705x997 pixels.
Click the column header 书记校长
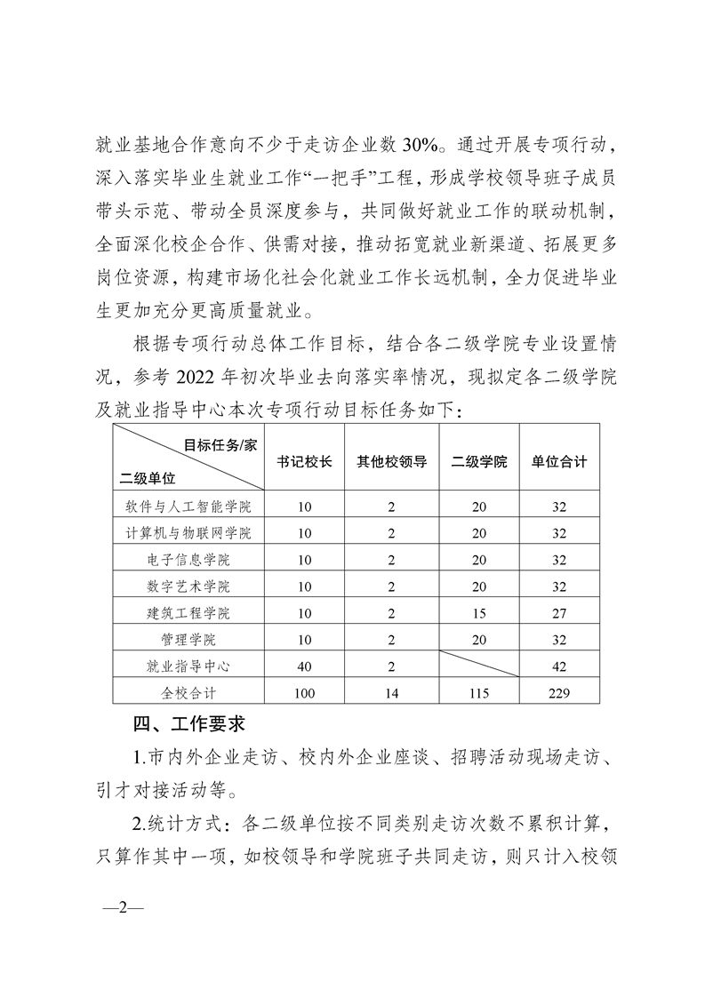[305, 462]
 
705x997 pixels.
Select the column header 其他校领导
[392, 462]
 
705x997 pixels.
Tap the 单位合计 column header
[559, 462]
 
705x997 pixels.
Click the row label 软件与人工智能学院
[188, 507]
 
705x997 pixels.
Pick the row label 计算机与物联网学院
[188, 534]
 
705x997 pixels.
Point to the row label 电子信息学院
[188, 561]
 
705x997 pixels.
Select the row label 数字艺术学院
[188, 586]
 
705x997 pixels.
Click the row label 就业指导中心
[188, 666]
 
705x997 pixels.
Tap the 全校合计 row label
[188, 692]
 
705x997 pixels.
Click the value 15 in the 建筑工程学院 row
[479, 613]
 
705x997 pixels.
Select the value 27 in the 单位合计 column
[559, 613]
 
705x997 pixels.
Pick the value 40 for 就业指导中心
[305, 666]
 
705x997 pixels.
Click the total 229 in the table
[559, 692]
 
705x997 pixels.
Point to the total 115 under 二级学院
[479, 692]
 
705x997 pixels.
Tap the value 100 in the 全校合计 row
[305, 692]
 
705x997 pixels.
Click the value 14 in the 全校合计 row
[392, 692]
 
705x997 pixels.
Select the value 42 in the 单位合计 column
[559, 666]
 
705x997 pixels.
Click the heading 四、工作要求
[188, 724]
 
